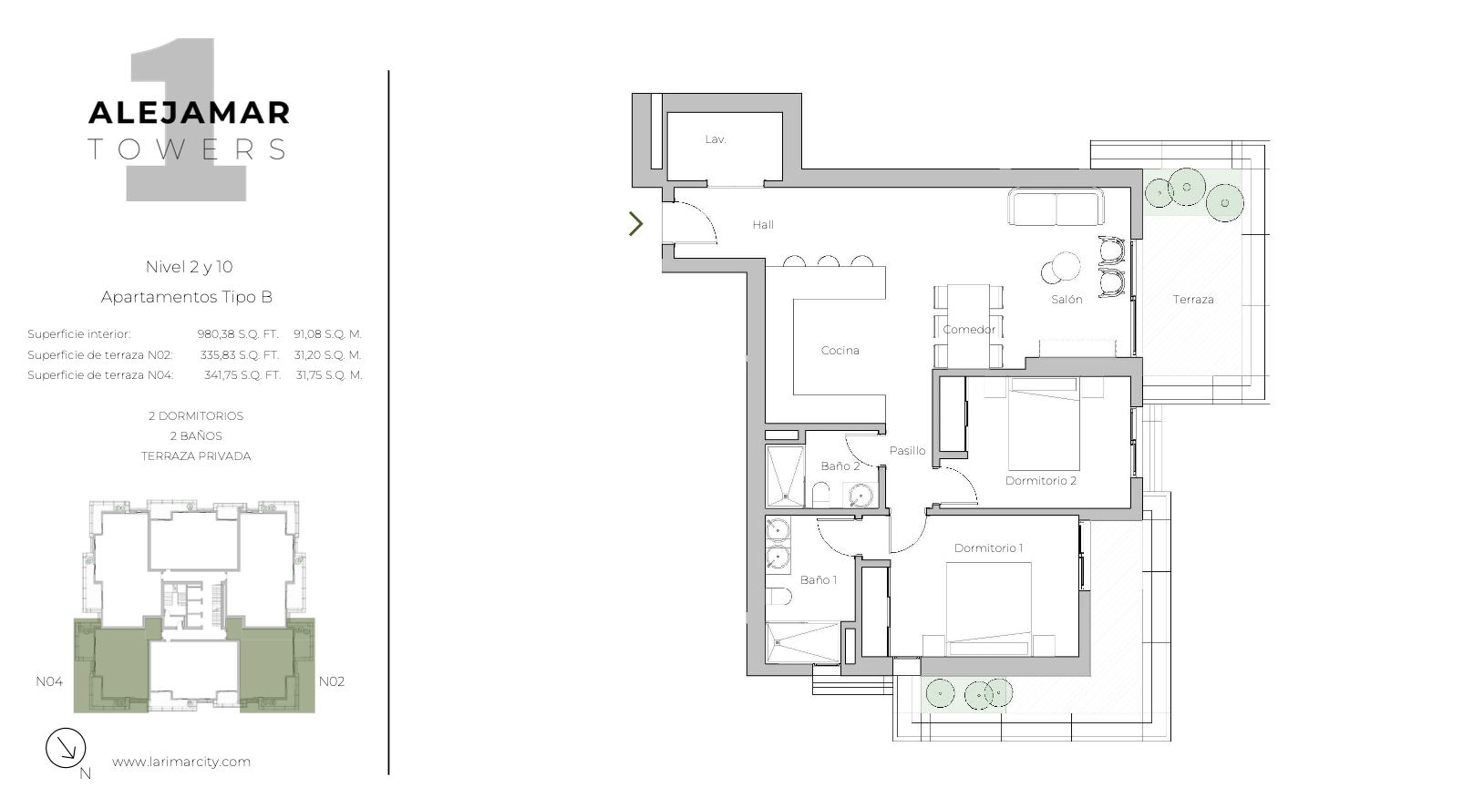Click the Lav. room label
point(716,139)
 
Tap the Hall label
point(763,225)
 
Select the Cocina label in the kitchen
point(840,351)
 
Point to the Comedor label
point(969,329)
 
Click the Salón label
point(1067,300)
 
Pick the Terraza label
point(1193,300)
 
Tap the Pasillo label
point(907,450)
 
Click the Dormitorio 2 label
point(1041,481)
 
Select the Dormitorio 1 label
point(988,548)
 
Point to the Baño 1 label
point(819,580)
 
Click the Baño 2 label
point(840,466)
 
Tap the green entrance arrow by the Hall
point(636,224)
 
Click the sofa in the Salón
point(1056,207)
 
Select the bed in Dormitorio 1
point(988,609)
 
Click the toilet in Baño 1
point(778,597)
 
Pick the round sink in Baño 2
point(861,496)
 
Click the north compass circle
point(66,748)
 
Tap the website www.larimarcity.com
point(181,762)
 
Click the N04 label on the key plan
point(49,681)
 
